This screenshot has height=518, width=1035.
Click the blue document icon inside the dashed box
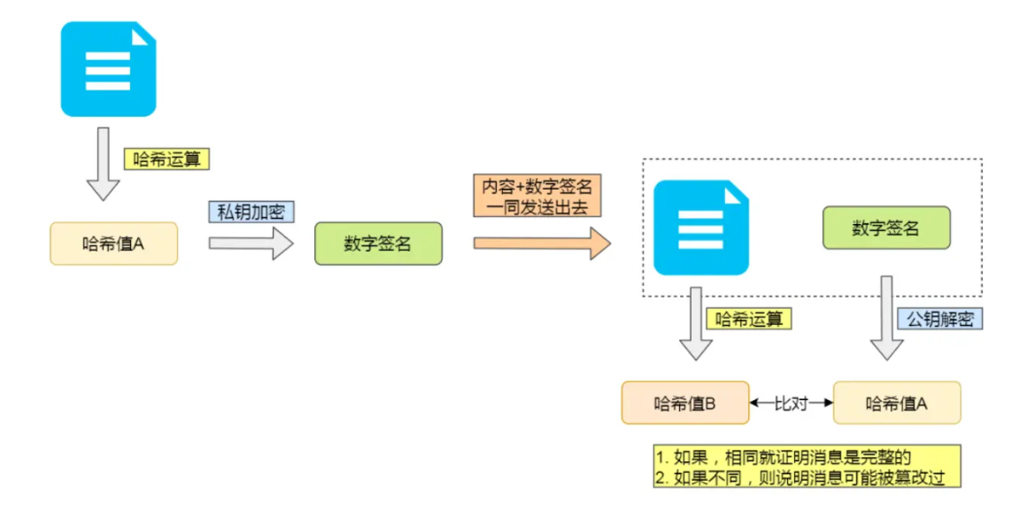pos(700,228)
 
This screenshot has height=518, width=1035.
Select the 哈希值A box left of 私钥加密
pos(113,244)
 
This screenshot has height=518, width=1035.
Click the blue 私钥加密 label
pos(251,213)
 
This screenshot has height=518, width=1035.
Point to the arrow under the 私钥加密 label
pos(251,243)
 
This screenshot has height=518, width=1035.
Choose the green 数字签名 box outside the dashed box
pos(378,244)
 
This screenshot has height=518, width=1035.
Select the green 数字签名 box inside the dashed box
pos(886,228)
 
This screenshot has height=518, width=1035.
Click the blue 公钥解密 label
pos(940,319)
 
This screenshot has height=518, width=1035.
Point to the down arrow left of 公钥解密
pos(886,319)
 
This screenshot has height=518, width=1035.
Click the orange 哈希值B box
pos(684,403)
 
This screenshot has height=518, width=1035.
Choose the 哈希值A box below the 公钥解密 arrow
pos(897,403)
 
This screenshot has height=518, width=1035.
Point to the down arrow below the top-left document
pos(103,164)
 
